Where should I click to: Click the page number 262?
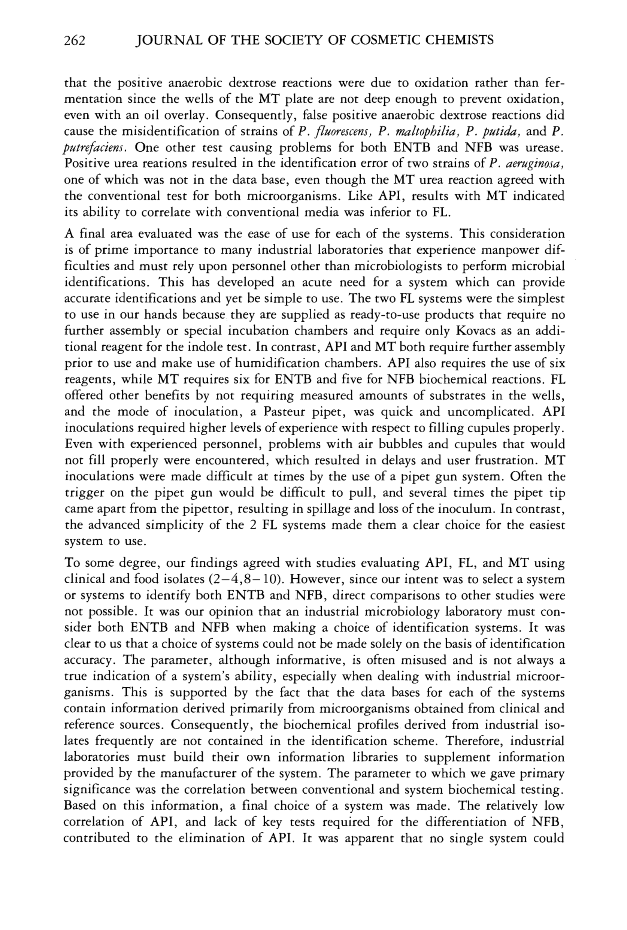75,40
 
